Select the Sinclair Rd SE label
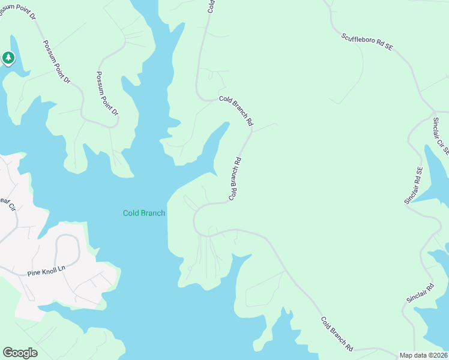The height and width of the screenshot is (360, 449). [414, 186]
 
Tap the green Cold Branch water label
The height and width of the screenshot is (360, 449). [143, 213]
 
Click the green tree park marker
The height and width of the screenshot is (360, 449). [8, 58]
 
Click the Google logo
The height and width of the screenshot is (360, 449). [20, 353]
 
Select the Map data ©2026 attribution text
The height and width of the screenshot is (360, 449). [423, 355]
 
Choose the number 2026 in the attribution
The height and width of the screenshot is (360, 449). [437, 355]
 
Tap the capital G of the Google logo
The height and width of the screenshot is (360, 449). [8, 352]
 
